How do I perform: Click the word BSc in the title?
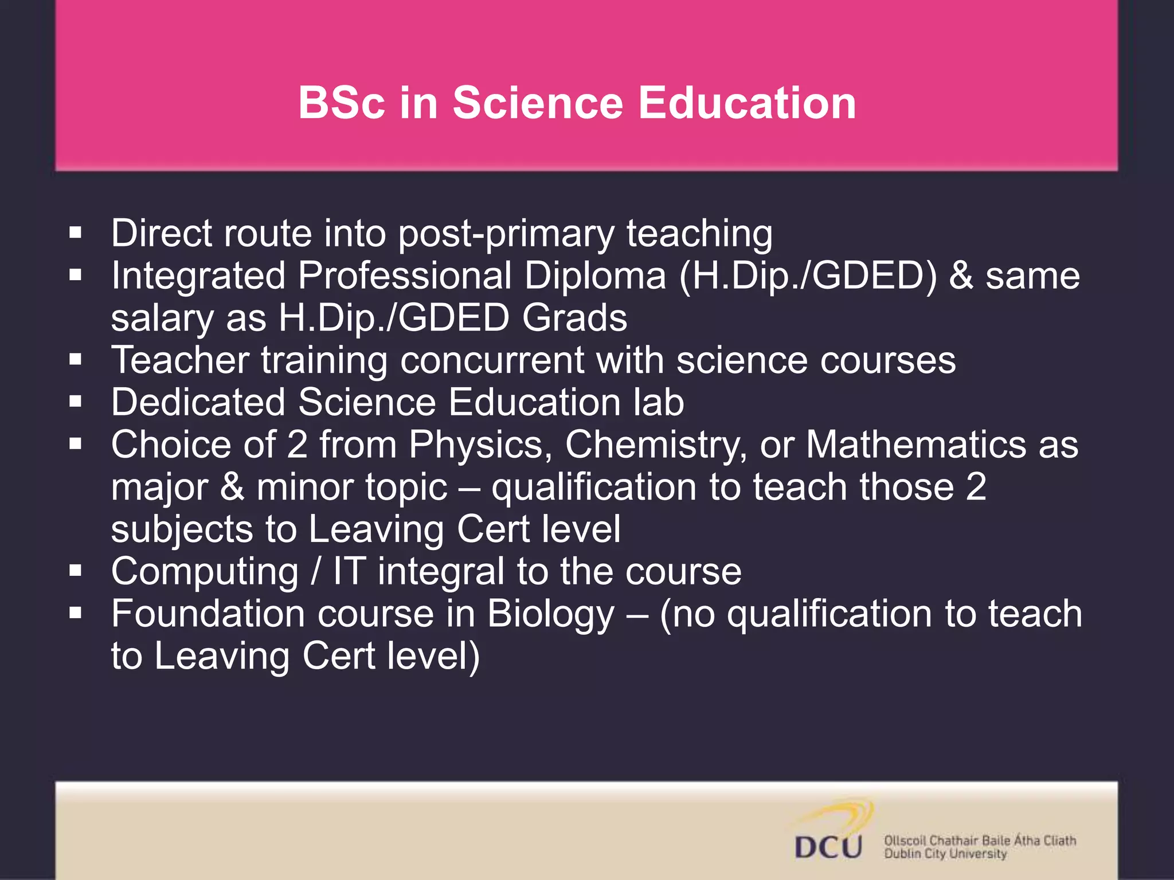342,103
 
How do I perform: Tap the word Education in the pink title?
747,103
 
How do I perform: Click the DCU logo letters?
828,847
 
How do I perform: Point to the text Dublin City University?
945,854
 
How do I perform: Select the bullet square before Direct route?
75,233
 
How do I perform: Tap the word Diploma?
596,276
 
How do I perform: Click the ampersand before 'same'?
961,276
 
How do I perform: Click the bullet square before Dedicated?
75,402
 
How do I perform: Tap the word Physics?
480,445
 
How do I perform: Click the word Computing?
205,572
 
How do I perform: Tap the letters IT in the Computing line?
349,572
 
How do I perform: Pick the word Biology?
551,615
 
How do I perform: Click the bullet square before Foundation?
75,614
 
